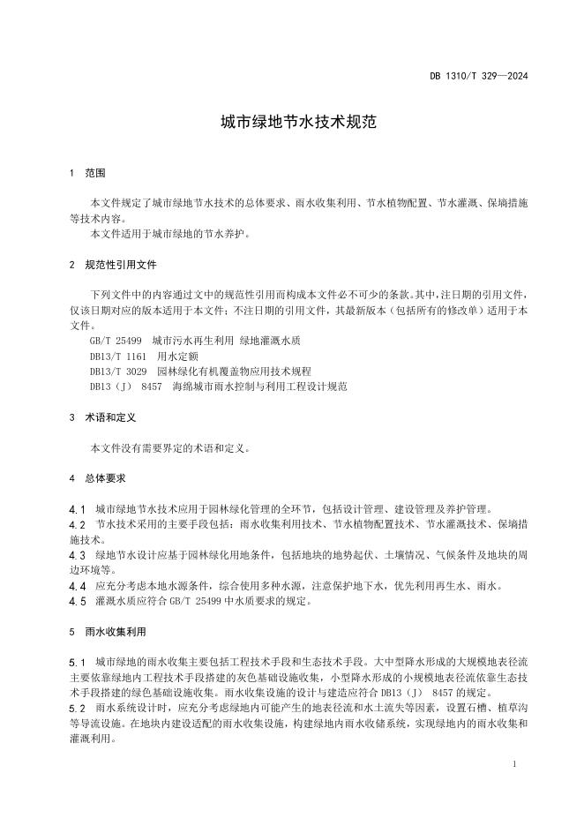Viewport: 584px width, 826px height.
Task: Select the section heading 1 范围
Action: [88, 173]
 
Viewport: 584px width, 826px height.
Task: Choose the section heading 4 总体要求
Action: [99, 477]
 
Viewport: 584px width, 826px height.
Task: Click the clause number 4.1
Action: [77, 509]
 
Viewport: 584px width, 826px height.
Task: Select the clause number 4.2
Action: [77, 524]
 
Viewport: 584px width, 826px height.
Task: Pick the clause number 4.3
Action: [77, 555]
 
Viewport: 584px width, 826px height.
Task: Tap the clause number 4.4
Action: [77, 586]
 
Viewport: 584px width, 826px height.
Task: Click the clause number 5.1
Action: [77, 662]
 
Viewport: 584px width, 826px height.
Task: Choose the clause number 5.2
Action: [77, 708]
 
